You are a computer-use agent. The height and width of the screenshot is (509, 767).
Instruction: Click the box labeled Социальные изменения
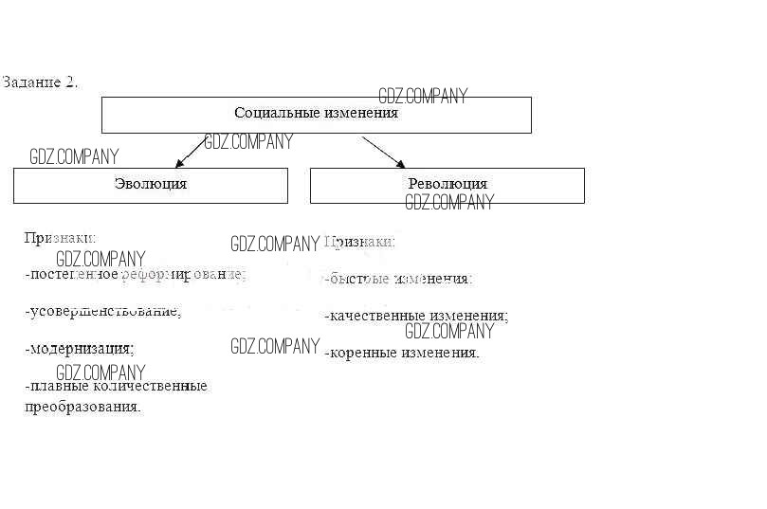[316, 114]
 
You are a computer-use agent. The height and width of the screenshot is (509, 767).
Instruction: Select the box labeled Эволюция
[150, 185]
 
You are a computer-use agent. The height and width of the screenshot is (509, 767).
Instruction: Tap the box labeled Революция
[447, 185]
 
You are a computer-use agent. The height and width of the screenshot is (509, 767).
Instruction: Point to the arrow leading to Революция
[384, 152]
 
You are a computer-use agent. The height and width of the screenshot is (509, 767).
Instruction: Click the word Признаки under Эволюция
[61, 239]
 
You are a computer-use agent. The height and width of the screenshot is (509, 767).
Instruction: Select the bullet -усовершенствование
[102, 311]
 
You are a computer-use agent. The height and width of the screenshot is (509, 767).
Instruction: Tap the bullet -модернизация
[80, 348]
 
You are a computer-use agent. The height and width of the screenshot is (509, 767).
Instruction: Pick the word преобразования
[82, 407]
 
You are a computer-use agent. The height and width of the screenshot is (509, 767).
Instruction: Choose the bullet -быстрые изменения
[398, 280]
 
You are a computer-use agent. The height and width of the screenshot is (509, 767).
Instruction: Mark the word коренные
[364, 353]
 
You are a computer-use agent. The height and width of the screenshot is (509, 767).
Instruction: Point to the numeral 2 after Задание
[70, 82]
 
